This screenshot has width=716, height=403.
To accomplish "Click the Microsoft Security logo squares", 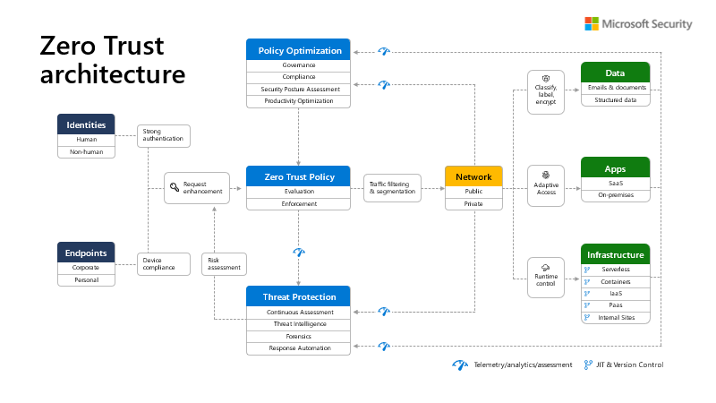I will pos(592,24).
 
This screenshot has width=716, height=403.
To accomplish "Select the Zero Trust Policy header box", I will pos(299,176).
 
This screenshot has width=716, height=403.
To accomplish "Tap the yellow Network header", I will pos(473,176).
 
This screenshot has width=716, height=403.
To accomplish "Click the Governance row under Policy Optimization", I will pos(299,64).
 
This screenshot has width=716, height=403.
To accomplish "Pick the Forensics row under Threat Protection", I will pos(299,336).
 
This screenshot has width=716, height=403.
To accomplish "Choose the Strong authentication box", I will pos(163,135).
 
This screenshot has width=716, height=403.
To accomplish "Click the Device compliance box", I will pos(163,263).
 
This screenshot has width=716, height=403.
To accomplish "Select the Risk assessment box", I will pos(224,263).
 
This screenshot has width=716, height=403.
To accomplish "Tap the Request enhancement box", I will pos(196,188).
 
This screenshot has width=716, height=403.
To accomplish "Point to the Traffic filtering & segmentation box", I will pos(392,188).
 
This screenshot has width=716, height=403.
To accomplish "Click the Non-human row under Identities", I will pos(86,151).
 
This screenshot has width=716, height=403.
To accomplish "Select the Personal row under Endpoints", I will pos(86,279).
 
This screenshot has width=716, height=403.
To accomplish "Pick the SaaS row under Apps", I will pos(615,183).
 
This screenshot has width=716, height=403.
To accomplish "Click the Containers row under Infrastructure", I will pos(615,281).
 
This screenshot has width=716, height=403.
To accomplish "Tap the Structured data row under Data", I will pos(615,100).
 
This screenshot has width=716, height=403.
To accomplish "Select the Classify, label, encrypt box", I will pos(546,90).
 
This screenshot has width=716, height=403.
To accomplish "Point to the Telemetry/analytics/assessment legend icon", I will pos(460,364).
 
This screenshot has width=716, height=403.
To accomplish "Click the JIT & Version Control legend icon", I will pos(588,364).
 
